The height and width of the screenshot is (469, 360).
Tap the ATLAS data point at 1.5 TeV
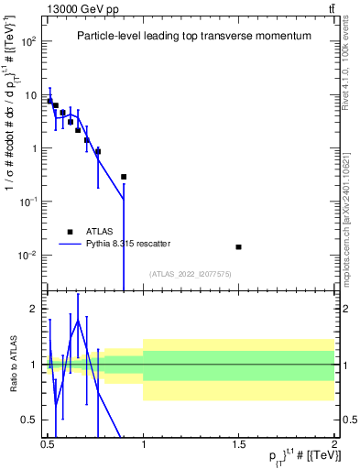click(239, 246)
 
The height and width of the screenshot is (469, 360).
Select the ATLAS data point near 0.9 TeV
click(124, 176)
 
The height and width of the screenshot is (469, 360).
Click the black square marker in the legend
click(70, 232)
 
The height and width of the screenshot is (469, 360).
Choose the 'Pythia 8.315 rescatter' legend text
click(123, 244)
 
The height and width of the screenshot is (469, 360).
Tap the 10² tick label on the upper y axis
click(30, 42)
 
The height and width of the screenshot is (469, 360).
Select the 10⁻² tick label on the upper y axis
click(30, 255)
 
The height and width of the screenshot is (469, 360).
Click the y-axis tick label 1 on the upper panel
click(36, 148)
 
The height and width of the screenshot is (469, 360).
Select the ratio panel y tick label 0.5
click(32, 420)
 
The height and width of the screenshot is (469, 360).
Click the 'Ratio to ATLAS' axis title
click(13, 364)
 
